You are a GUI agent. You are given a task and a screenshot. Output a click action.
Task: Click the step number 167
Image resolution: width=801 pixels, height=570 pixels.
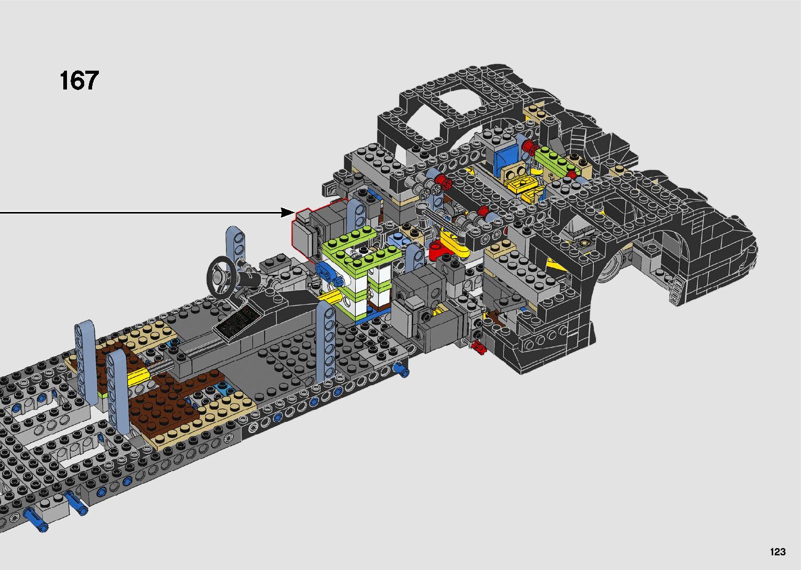pyautogui.click(x=79, y=81)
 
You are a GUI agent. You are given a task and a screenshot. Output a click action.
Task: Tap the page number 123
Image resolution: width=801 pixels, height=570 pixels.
pyautogui.click(x=778, y=552)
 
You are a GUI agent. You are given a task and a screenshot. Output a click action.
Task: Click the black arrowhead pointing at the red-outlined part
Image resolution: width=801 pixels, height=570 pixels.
pyautogui.click(x=288, y=213)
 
